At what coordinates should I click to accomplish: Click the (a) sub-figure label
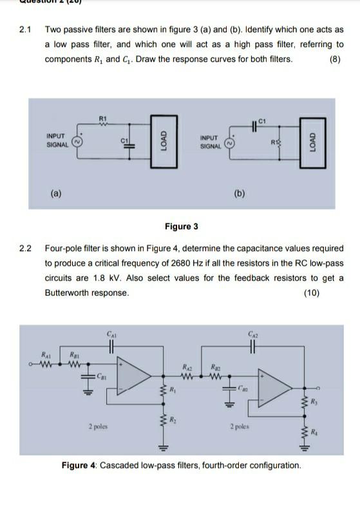pyautogui.click(x=57, y=191)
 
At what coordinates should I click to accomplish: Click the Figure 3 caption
pyautogui.click(x=182, y=226)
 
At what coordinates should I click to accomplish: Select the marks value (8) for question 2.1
pyautogui.click(x=335, y=59)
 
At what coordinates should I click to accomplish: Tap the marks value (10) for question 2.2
pyautogui.click(x=314, y=292)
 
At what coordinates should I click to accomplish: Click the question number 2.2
pyautogui.click(x=26, y=248)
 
